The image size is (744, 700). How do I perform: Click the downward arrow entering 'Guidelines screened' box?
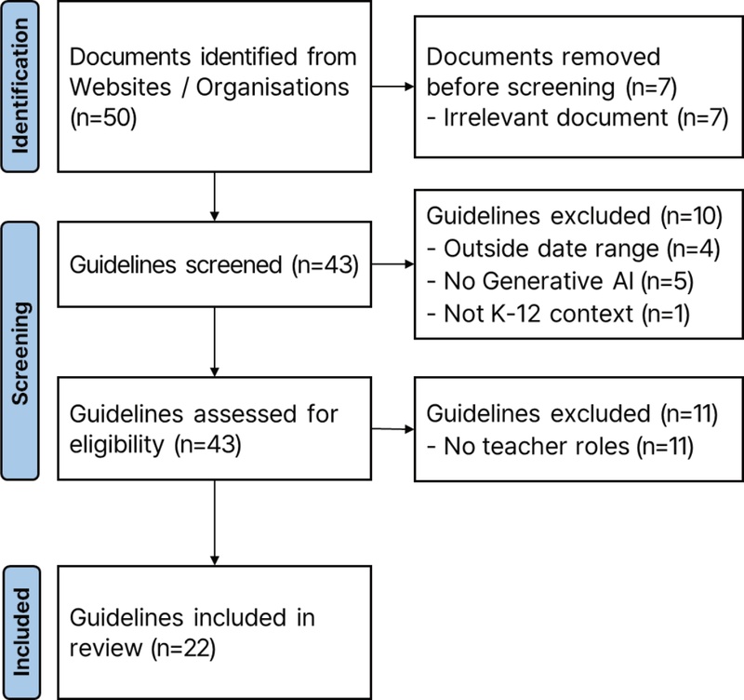215,196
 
